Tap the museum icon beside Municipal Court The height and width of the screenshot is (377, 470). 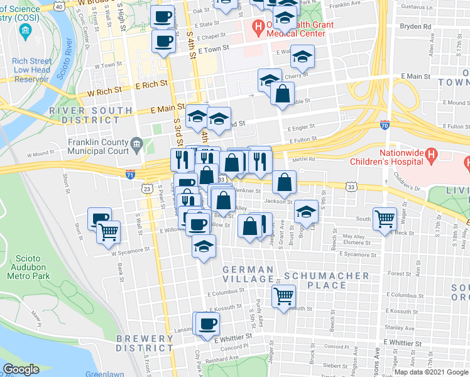136,146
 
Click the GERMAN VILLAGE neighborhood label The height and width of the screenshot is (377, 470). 249,270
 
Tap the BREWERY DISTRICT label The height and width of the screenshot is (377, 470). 145,343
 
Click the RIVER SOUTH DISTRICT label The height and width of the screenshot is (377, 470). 91,115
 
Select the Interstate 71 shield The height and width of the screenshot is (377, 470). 130,173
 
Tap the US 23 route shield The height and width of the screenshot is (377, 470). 147,188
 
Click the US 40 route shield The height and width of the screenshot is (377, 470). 58,6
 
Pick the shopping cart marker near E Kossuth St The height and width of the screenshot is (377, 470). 283,295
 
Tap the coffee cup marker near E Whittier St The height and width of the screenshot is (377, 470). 207,324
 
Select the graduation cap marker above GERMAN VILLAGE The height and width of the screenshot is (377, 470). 204,246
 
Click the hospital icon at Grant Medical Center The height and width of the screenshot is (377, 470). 256,28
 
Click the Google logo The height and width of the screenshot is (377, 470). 21,369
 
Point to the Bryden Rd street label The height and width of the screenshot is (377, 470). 418,27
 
